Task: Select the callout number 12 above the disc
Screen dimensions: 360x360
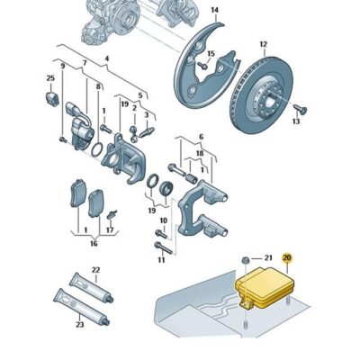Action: pyautogui.click(x=263, y=43)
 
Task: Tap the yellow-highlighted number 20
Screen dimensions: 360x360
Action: pyautogui.click(x=287, y=258)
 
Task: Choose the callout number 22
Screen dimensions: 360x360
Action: pyautogui.click(x=95, y=269)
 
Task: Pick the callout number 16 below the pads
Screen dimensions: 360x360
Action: pyautogui.click(x=94, y=243)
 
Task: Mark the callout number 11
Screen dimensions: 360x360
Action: pyautogui.click(x=162, y=261)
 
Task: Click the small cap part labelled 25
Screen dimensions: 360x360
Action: pyautogui.click(x=50, y=95)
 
